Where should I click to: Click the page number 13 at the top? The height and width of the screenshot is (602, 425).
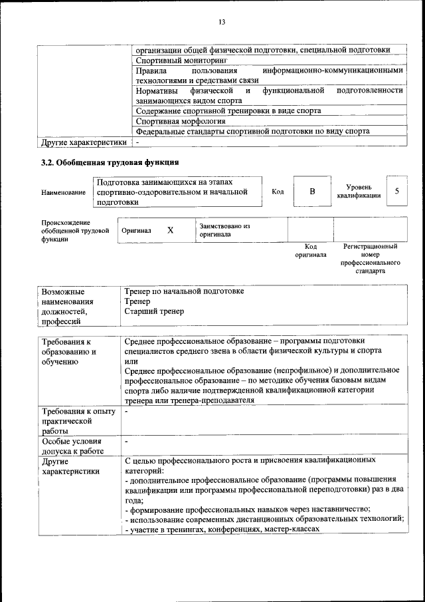(x=222, y=23)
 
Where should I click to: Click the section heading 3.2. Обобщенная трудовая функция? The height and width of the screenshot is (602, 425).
(x=110, y=162)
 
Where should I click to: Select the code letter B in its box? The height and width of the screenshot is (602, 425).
(x=312, y=192)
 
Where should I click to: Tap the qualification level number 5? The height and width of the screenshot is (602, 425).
(x=396, y=192)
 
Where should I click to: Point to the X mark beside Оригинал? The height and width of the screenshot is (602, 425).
(x=170, y=230)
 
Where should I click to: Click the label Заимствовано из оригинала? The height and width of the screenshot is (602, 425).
(x=224, y=230)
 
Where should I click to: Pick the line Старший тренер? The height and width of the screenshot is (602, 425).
(x=154, y=311)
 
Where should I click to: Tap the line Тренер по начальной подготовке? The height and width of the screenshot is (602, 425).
(x=184, y=291)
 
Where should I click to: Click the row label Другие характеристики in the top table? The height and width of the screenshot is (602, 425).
(x=83, y=142)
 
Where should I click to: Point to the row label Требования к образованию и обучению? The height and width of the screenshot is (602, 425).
(x=68, y=351)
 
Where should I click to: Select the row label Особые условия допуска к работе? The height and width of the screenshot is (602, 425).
(x=72, y=446)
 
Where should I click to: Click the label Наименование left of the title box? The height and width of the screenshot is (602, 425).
(x=63, y=193)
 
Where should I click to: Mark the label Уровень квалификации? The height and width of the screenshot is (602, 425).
(x=359, y=192)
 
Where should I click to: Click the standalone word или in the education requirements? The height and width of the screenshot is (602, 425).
(x=130, y=360)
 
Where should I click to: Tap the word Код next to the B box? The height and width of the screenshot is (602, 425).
(x=278, y=192)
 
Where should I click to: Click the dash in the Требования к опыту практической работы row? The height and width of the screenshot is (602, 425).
(x=126, y=412)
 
